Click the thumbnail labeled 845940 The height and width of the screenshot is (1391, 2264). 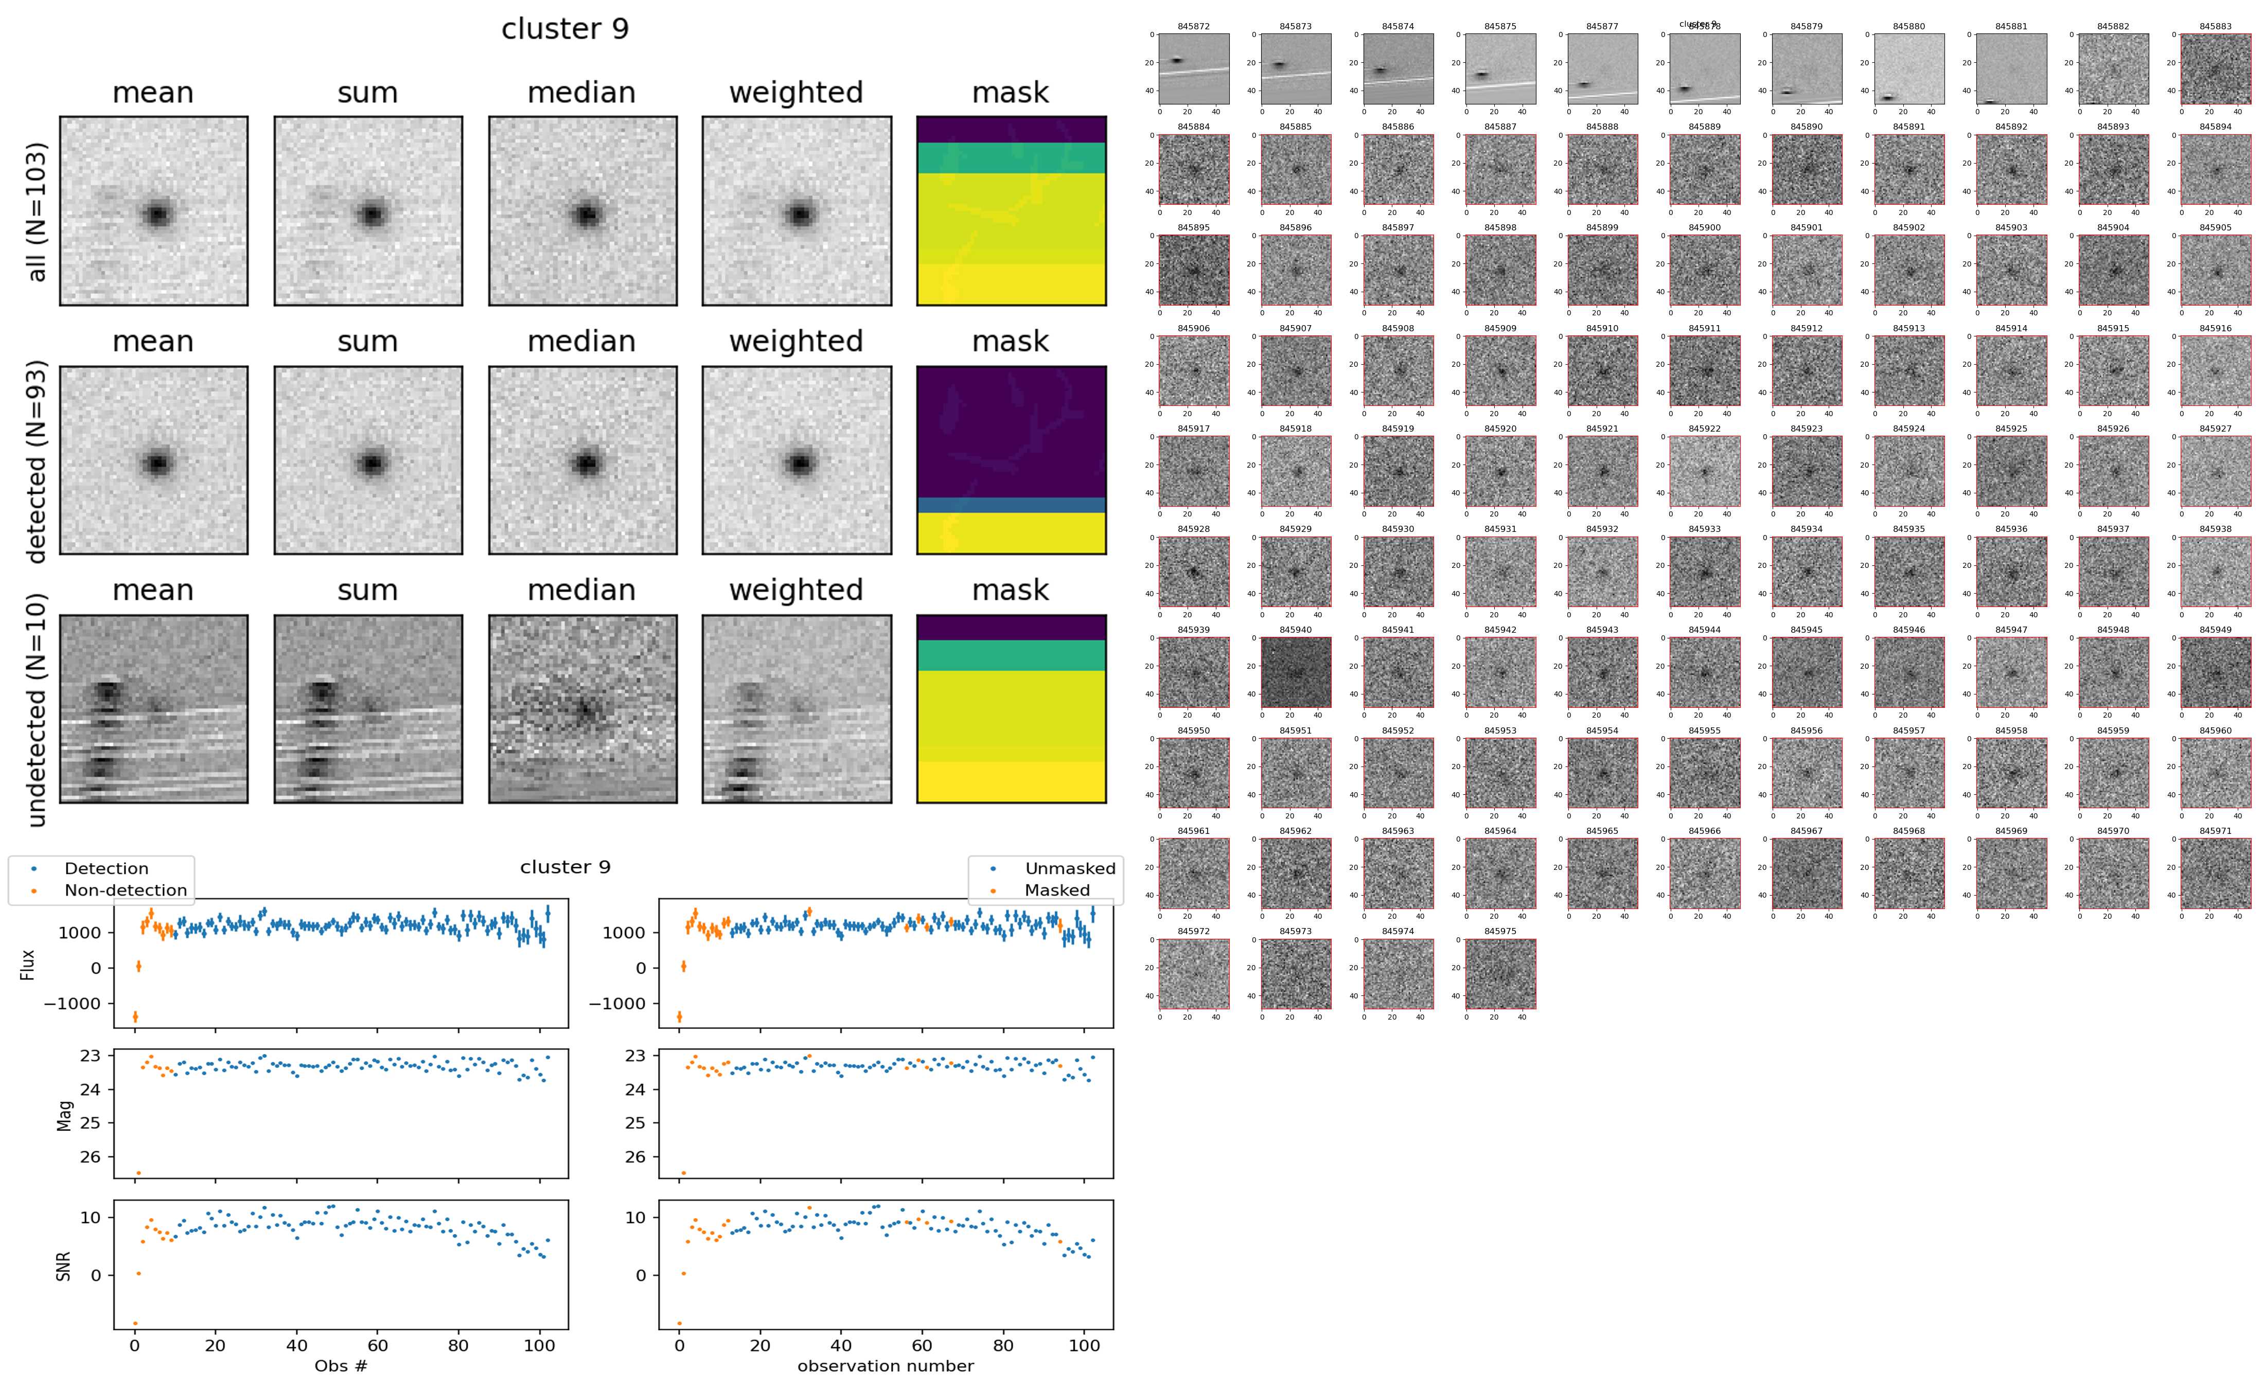click(1295, 672)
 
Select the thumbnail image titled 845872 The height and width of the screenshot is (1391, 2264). click(1193, 68)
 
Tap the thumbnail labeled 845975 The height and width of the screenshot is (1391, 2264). click(1499, 973)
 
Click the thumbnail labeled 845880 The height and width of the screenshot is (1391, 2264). click(1909, 68)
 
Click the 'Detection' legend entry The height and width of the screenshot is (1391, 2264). click(106, 868)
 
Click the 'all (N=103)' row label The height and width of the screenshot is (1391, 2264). click(37, 211)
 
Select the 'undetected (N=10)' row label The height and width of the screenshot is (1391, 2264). click(37, 709)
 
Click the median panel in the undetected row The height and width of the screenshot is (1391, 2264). click(582, 709)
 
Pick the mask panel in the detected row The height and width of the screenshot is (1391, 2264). click(1011, 460)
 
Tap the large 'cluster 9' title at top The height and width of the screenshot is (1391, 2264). click(565, 29)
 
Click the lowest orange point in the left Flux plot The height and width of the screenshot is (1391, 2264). click(135, 1016)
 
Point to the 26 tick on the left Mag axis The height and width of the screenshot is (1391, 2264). click(90, 1156)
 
